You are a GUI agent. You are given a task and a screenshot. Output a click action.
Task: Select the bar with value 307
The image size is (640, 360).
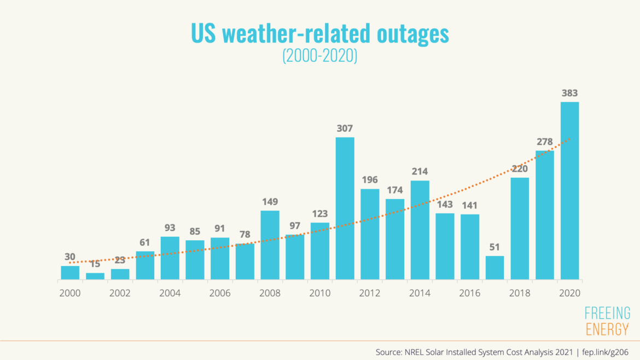pyautogui.click(x=345, y=208)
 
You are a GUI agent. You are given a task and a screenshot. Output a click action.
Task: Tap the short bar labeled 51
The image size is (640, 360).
pyautogui.click(x=494, y=267)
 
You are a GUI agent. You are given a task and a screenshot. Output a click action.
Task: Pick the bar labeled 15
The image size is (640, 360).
pyautogui.click(x=95, y=276)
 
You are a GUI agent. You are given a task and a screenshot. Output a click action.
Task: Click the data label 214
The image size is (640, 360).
pyautogui.click(x=420, y=171)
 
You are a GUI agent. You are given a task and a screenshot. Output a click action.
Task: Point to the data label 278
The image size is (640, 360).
pyautogui.click(x=545, y=142)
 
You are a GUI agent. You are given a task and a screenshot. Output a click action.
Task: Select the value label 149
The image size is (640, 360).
pyautogui.click(x=270, y=201)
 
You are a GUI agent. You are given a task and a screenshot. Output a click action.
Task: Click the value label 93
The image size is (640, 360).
pyautogui.click(x=170, y=228)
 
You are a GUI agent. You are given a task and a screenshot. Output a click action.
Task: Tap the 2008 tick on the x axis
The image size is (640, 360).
pyautogui.click(x=270, y=293)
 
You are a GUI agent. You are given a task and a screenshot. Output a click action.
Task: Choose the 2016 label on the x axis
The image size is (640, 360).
pyautogui.click(x=469, y=293)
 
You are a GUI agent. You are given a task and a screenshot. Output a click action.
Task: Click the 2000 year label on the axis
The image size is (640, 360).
pyautogui.click(x=70, y=293)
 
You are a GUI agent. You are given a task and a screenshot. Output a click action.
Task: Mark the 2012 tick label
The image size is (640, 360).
pyautogui.click(x=370, y=293)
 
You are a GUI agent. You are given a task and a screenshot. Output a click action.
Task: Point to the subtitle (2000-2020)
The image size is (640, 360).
pyautogui.click(x=319, y=56)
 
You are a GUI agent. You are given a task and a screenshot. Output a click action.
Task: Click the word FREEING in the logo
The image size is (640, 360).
pyautogui.click(x=607, y=313)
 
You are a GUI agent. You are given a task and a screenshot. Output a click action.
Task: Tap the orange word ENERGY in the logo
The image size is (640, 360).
pyautogui.click(x=607, y=329)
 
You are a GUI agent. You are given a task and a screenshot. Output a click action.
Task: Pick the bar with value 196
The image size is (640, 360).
pyautogui.click(x=370, y=234)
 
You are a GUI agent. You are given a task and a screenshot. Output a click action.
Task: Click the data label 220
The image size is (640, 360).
pyautogui.click(x=520, y=169)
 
